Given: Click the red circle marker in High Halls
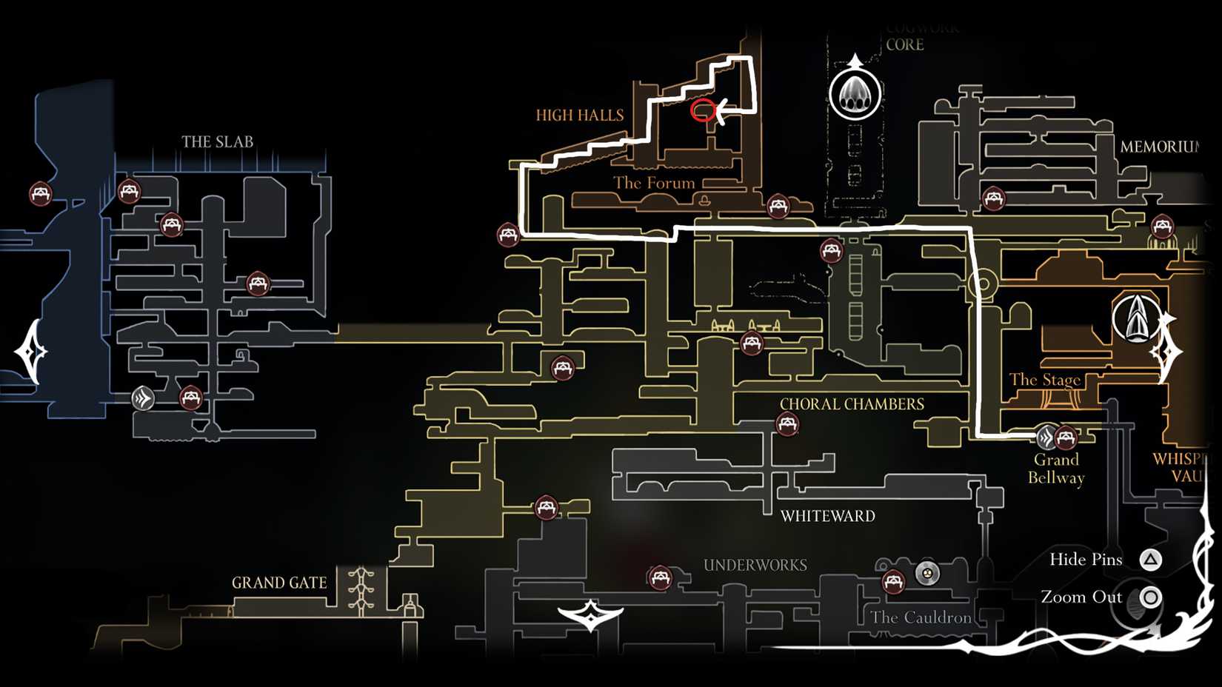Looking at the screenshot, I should pos(703,110).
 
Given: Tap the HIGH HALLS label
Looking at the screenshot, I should pos(579,115).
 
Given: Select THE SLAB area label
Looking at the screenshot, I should pos(217,141).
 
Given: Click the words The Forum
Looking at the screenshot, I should pos(653,183).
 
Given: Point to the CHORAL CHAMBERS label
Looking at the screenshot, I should pos(852,404).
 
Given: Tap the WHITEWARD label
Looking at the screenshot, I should pos(827,516).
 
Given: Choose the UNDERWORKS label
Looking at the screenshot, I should pos(755,566).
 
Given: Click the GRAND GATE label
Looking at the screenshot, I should pos(279,583).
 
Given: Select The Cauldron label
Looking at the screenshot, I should pos(921,617).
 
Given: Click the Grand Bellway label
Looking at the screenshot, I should pos(1056,469).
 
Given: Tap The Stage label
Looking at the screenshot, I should pos(1044,380).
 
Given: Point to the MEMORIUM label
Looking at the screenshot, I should pos(1159,147).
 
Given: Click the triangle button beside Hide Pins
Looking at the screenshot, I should pos(1150,560).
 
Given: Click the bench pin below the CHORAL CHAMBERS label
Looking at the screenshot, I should pos(787,424).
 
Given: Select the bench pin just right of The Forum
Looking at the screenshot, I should pos(778,205).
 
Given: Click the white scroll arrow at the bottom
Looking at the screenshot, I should pos(590,614).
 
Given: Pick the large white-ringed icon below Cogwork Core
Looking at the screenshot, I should pos(855,95).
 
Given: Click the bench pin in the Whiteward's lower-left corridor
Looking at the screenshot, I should pos(547,507).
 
